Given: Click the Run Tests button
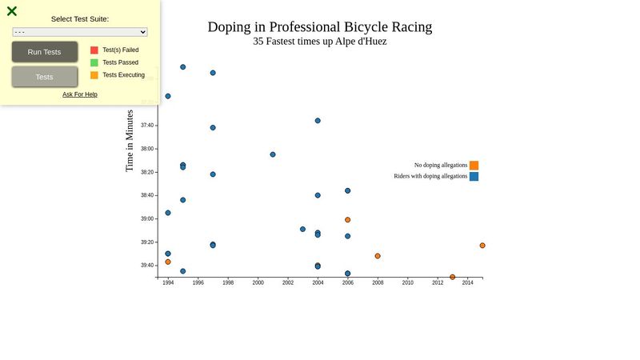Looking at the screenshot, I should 45,52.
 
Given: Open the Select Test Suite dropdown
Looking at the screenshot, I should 80,32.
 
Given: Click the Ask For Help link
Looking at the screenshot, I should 80,94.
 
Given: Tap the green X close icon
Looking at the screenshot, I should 12,11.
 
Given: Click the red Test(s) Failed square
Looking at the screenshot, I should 94,50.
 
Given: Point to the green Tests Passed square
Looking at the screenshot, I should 94,62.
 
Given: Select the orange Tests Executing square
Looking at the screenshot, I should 94,75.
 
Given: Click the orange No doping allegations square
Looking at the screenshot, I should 474,166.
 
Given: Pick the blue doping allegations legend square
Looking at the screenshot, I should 474,177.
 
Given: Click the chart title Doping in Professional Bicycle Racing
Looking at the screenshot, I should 319,27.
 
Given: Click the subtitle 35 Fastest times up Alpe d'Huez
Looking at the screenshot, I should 319,42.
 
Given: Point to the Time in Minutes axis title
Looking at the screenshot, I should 130,141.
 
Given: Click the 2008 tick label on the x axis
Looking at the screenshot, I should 378,283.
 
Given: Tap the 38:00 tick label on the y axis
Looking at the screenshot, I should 147,149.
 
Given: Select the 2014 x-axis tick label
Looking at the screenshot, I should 467,283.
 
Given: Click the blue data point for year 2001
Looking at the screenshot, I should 273,154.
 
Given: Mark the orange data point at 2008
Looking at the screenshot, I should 378,256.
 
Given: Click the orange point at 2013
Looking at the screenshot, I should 453,277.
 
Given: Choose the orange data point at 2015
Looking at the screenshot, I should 482,246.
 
